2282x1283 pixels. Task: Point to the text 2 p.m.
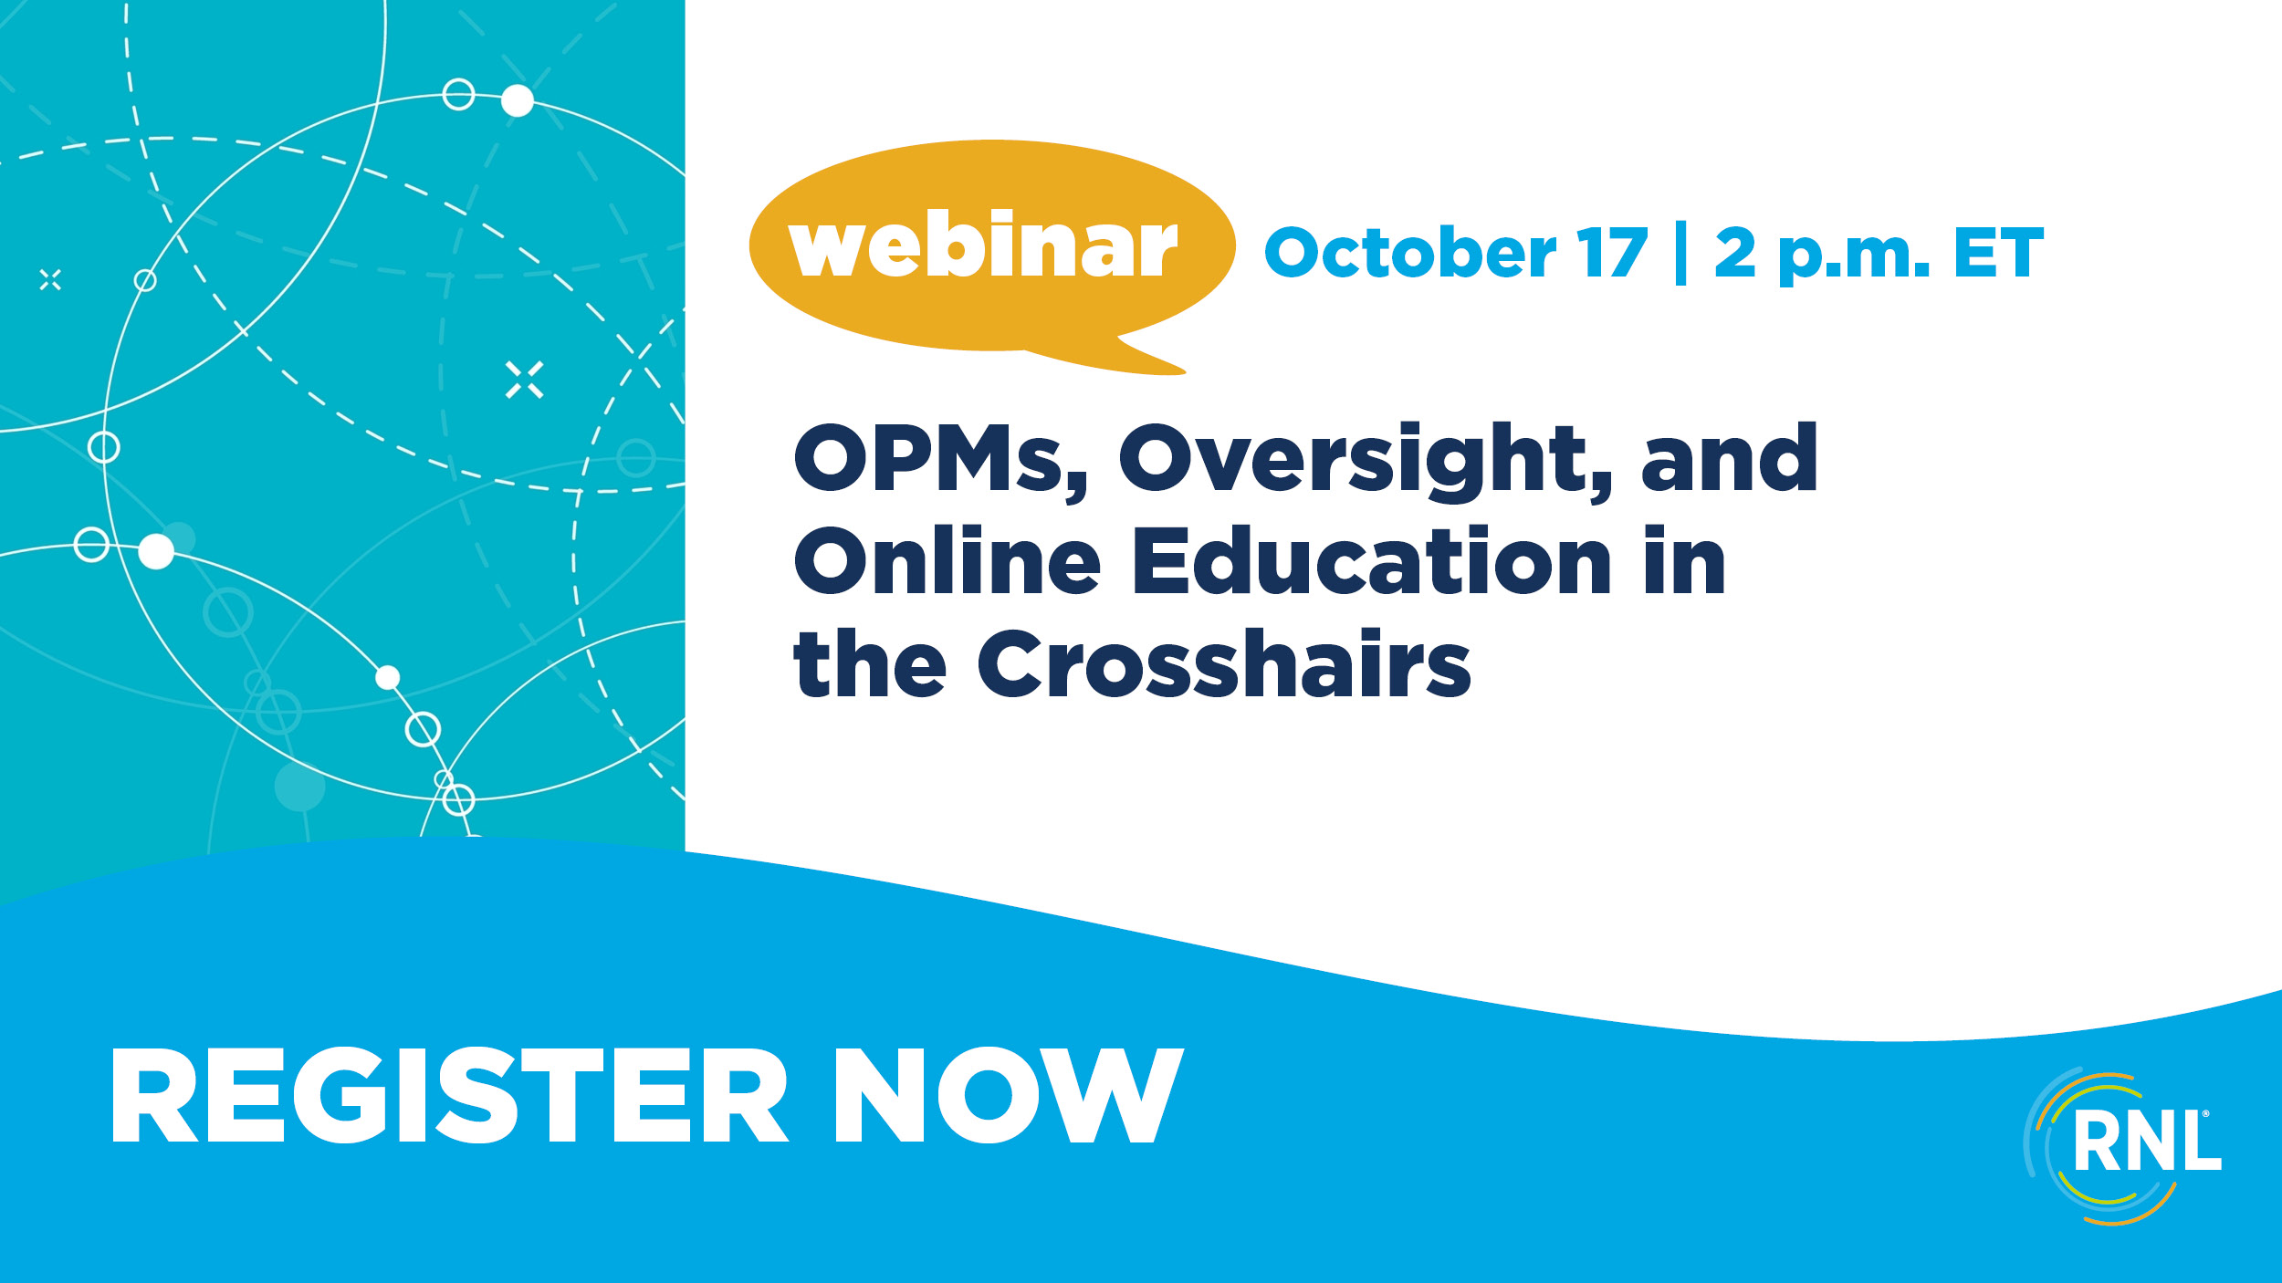(1823, 256)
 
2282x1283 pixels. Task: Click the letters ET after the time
(1998, 253)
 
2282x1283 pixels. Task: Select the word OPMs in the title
(941, 459)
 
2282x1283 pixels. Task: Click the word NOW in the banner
(1010, 1095)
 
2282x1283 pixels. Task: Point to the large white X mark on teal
(525, 380)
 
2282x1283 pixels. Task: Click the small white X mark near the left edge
(50, 280)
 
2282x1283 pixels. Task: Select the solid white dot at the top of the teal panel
(518, 100)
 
